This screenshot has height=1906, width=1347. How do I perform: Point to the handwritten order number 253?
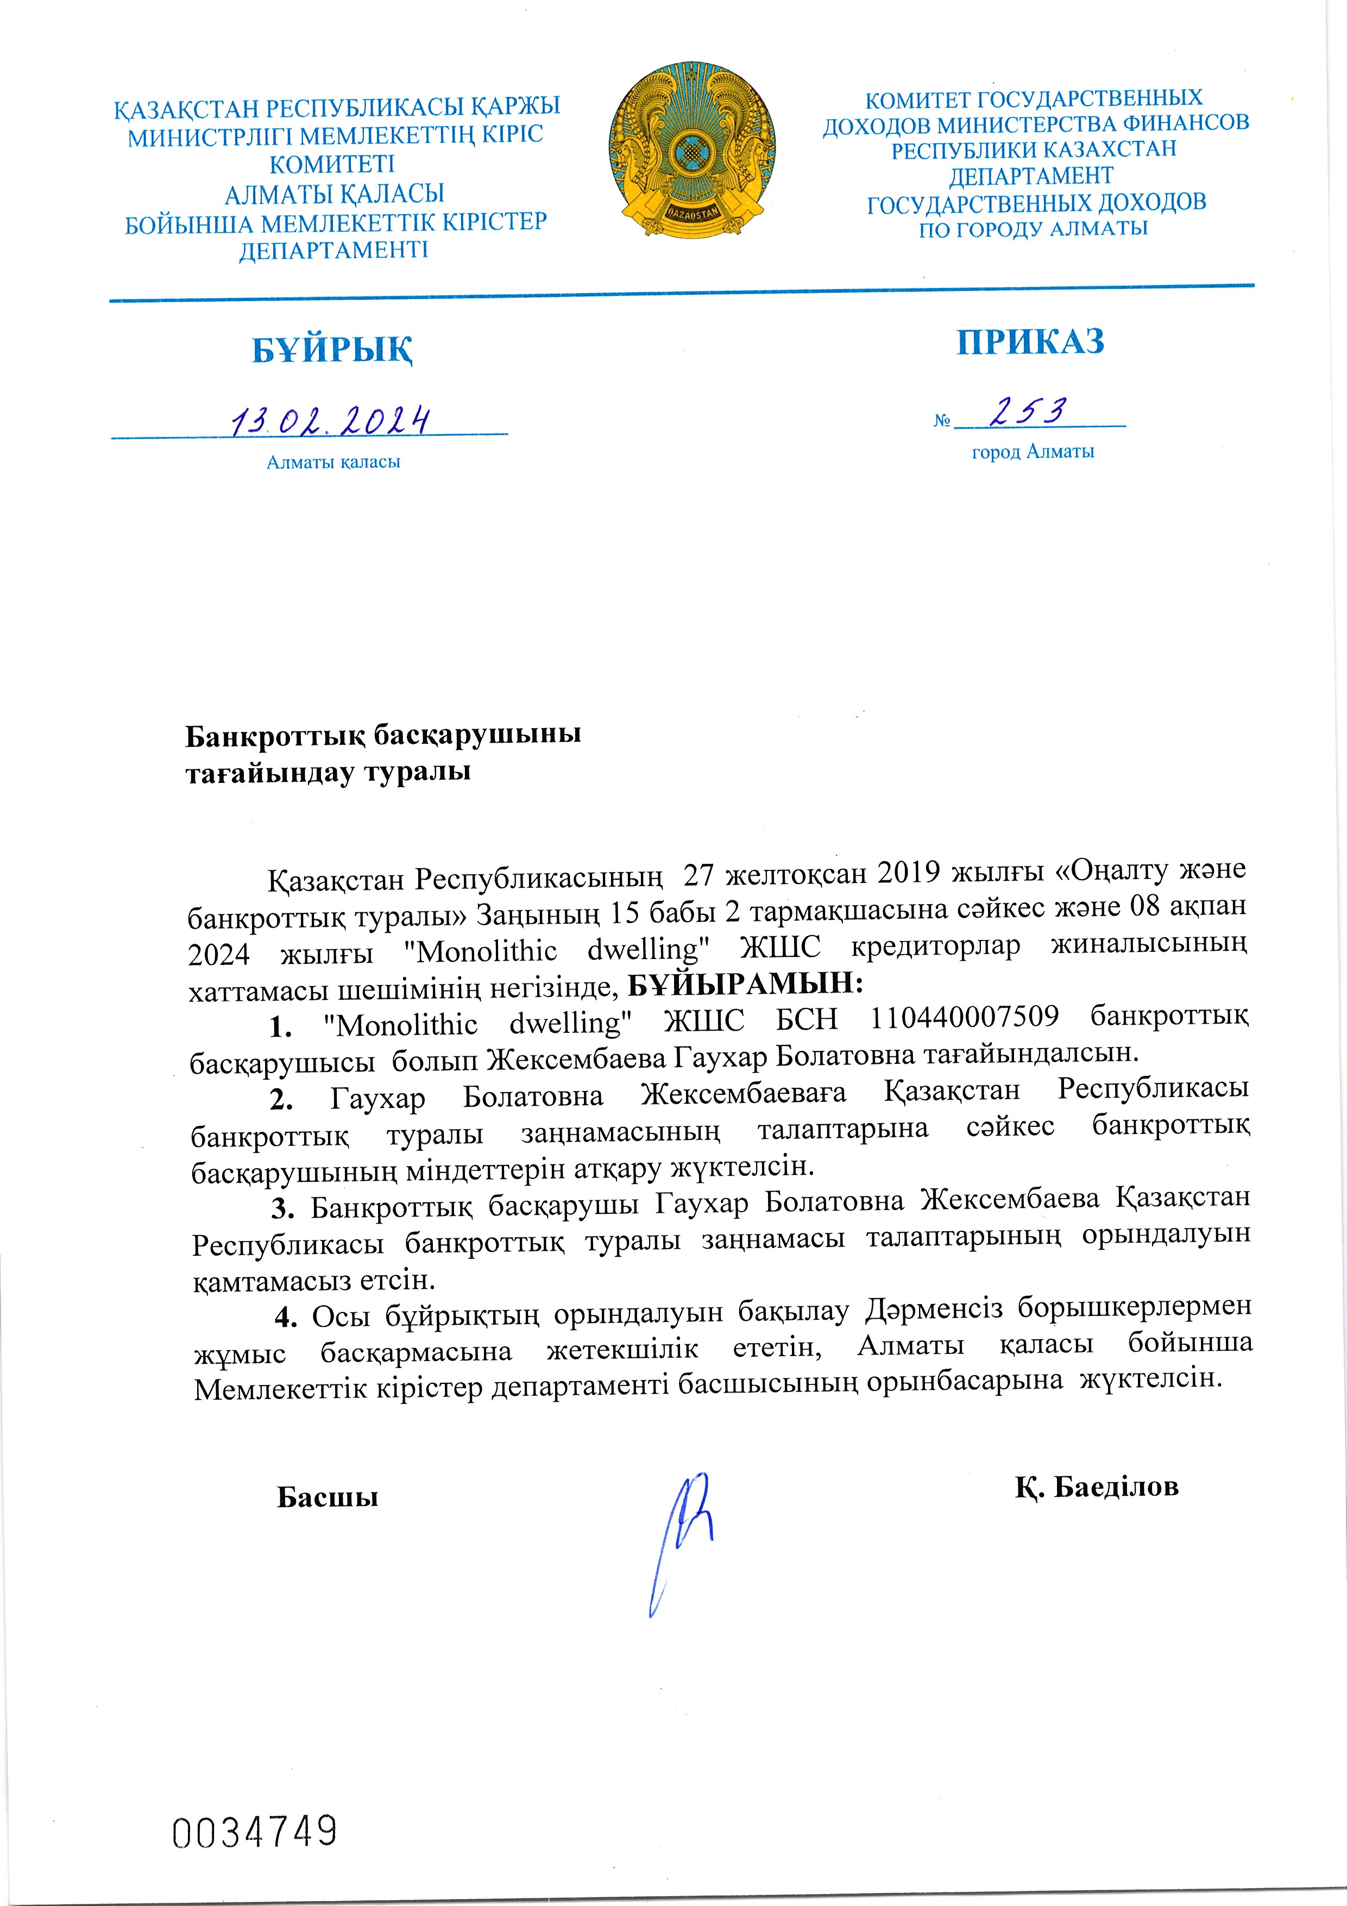[1030, 412]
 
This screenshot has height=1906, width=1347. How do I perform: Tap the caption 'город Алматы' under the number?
[1033, 452]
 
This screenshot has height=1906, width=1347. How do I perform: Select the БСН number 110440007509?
[965, 1017]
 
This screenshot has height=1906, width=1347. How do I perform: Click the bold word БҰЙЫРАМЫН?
[745, 984]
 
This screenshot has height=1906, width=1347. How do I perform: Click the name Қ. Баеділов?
[1096, 1487]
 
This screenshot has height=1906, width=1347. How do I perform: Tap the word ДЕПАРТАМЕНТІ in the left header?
[333, 250]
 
